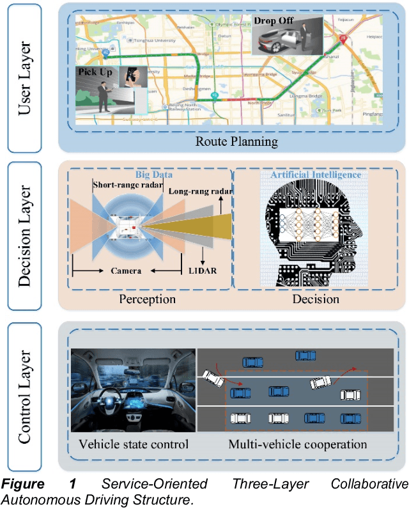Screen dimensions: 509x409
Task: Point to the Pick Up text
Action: coord(96,73)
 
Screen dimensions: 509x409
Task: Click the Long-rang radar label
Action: coord(199,191)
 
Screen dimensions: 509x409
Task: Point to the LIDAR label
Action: coord(203,270)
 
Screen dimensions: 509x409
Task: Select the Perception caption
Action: coord(147,299)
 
